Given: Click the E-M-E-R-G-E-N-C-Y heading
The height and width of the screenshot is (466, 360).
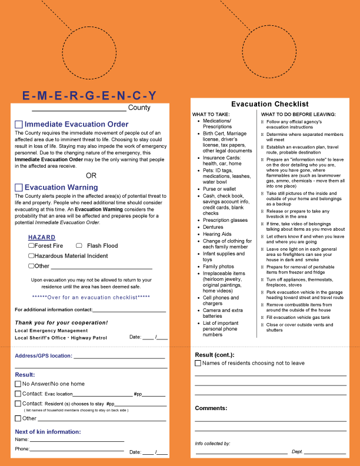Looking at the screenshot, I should [89, 95].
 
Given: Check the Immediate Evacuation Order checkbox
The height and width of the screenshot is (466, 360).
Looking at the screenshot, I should [19, 124].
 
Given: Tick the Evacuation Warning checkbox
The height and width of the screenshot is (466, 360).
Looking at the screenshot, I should [19, 187].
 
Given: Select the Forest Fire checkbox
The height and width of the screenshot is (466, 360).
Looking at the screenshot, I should [31, 245].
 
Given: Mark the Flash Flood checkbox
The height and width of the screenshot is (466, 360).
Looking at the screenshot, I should [79, 245].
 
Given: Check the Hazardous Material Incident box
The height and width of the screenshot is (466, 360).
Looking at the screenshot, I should [31, 256].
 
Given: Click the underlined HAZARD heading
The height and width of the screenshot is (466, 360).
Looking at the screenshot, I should [42, 237].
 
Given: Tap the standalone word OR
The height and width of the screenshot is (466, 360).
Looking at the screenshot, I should [91, 175].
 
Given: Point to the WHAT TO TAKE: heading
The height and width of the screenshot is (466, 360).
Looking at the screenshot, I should [211, 114].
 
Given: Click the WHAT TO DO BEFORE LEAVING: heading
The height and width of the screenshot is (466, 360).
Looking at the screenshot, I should [298, 114].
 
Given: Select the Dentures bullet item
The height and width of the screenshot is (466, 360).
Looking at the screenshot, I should [214, 227].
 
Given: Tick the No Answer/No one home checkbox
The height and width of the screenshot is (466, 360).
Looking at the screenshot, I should [18, 384].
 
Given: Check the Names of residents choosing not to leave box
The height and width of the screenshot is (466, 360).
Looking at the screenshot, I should [198, 363].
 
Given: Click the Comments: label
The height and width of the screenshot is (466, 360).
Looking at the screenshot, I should [211, 408].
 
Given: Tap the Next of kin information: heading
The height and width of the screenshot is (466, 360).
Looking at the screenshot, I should [48, 432].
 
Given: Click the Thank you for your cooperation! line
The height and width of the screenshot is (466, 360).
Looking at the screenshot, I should [61, 322].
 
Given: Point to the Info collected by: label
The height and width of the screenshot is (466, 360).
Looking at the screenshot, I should [212, 443].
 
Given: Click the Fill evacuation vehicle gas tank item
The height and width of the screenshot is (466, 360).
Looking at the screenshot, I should [297, 317].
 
